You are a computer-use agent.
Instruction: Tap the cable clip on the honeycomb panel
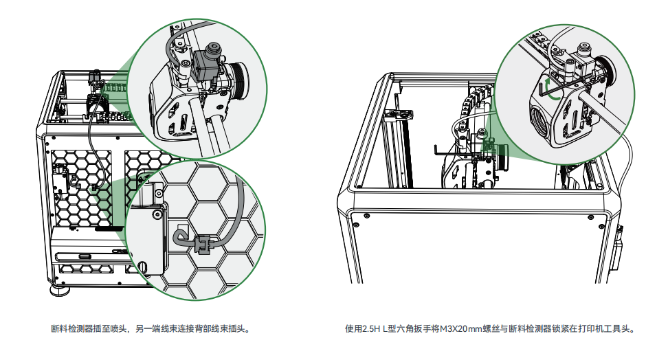click(x=202, y=245)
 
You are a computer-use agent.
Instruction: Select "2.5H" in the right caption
click(x=371, y=328)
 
